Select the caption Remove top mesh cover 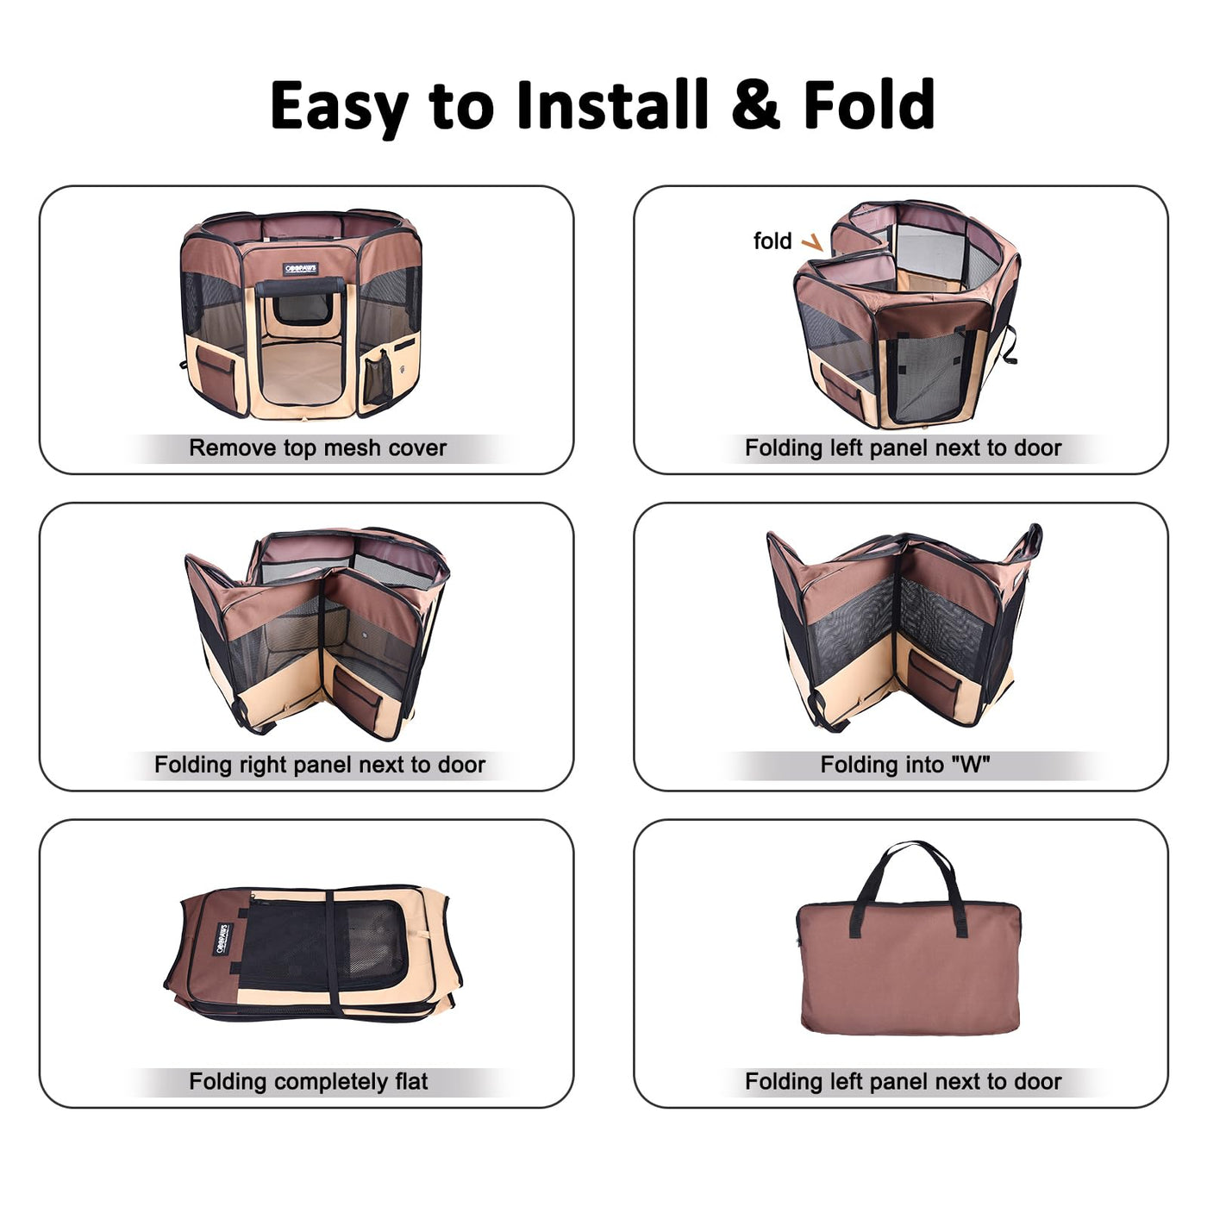pyautogui.click(x=317, y=447)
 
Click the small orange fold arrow pyautogui.click(x=812, y=242)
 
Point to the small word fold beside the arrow pyautogui.click(x=772, y=241)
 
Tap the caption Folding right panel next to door pyautogui.click(x=320, y=764)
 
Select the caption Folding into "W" pyautogui.click(x=905, y=764)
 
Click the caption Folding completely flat pyautogui.click(x=308, y=1081)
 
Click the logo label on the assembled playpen pyautogui.click(x=301, y=269)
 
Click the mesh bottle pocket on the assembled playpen pyautogui.click(x=378, y=377)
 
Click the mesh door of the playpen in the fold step pyautogui.click(x=929, y=376)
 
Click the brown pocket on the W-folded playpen pyautogui.click(x=934, y=684)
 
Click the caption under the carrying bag pyautogui.click(x=904, y=1081)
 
